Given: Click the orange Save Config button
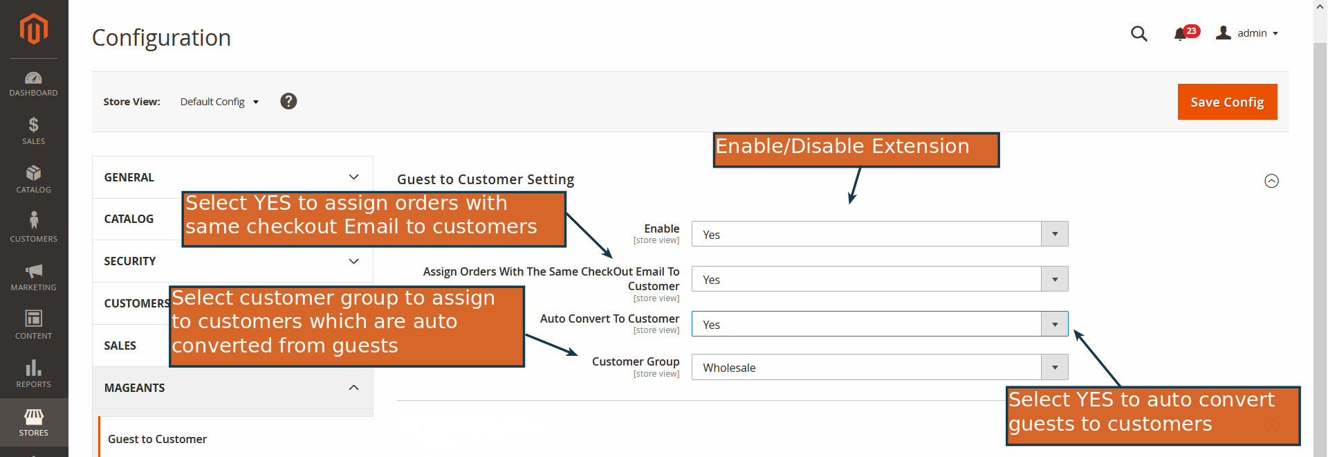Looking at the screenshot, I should tap(1227, 102).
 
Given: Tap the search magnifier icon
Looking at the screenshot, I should tap(1138, 33).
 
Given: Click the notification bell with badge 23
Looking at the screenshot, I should tap(1181, 33).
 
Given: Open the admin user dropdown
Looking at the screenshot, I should tap(1247, 33).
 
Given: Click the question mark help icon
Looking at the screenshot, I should tap(288, 101).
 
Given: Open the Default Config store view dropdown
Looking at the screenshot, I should tap(219, 102).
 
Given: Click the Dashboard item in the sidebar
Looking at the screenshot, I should tap(33, 84).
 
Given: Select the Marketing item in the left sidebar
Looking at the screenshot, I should tap(33, 277).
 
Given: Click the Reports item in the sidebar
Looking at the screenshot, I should tap(33, 374).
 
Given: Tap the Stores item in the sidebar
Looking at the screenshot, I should tap(33, 422).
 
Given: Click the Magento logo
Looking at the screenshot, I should tap(33, 29).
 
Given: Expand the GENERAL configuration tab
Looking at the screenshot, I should tap(232, 177).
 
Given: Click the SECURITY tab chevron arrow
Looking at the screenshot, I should tap(353, 261).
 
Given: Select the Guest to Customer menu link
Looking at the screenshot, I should tap(157, 439).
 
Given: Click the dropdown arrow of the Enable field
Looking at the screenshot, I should tap(1054, 234).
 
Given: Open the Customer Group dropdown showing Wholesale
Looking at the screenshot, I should tap(879, 367).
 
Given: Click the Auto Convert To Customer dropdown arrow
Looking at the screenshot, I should tap(1054, 324).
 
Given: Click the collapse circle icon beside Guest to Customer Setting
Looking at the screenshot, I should tap(1271, 181).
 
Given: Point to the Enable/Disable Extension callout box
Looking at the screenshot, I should tap(856, 150).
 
